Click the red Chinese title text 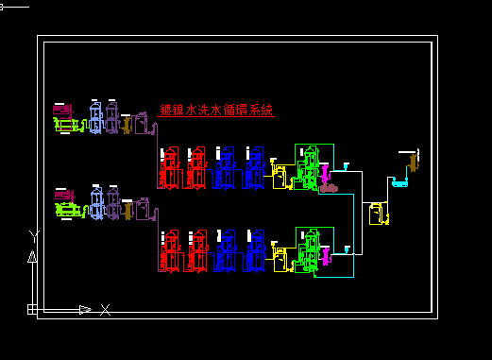[216, 111]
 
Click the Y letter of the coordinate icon [34, 233]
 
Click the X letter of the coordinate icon [106, 309]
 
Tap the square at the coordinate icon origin [32, 309]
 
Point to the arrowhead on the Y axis [32, 255]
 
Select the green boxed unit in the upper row [313, 166]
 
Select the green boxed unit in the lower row [313, 250]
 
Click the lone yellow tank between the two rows [377, 214]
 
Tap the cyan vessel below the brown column [399, 182]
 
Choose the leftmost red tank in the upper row [171, 168]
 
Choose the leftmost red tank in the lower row [171, 251]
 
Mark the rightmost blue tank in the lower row [254, 251]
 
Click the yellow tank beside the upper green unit [280, 175]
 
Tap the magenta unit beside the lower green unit [325, 254]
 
